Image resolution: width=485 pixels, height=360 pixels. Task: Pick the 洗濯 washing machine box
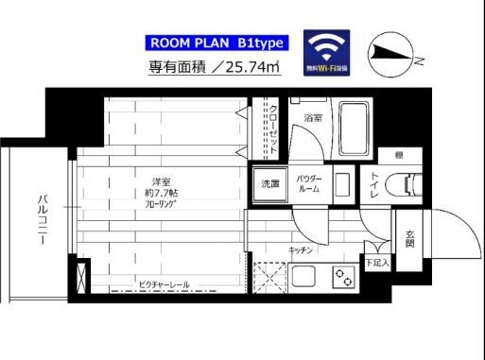[270, 183]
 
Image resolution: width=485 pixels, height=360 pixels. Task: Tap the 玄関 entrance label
[409, 237]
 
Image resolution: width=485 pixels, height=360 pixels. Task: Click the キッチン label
[302, 250]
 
